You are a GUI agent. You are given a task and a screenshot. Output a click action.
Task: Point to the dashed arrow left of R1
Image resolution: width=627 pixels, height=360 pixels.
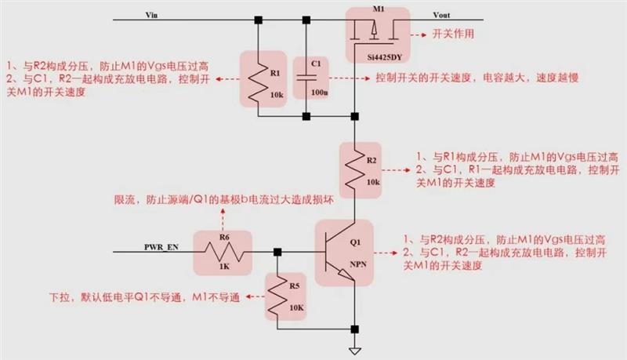pyautogui.click(x=229, y=79)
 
